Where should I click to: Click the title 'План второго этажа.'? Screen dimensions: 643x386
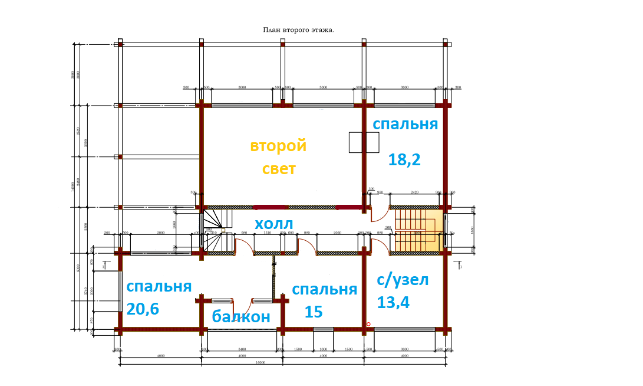coord(298,30)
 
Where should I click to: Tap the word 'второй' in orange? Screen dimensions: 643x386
coord(278,145)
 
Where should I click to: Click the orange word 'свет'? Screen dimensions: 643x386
coord(279,169)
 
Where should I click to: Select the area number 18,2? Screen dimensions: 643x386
coord(404,159)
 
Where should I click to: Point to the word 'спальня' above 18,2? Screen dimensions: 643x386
coord(405,124)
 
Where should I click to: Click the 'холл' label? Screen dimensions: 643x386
coord(273,224)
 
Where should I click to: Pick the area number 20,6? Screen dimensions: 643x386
coord(143,309)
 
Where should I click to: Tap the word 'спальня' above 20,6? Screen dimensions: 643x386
coord(159,286)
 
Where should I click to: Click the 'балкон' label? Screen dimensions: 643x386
coord(241,316)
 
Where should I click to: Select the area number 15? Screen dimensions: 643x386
coord(314,312)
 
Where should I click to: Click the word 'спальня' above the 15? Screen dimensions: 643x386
coord(324,290)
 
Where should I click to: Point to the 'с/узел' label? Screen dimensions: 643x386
coord(403,279)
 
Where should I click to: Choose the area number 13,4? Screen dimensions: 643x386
coord(393,302)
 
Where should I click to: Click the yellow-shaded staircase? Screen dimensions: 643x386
coord(418,230)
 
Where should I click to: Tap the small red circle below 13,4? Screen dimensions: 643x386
coord(368,324)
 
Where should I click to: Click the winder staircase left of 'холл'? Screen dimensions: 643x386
coord(213,230)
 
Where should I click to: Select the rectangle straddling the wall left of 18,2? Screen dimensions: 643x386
coord(364,143)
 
